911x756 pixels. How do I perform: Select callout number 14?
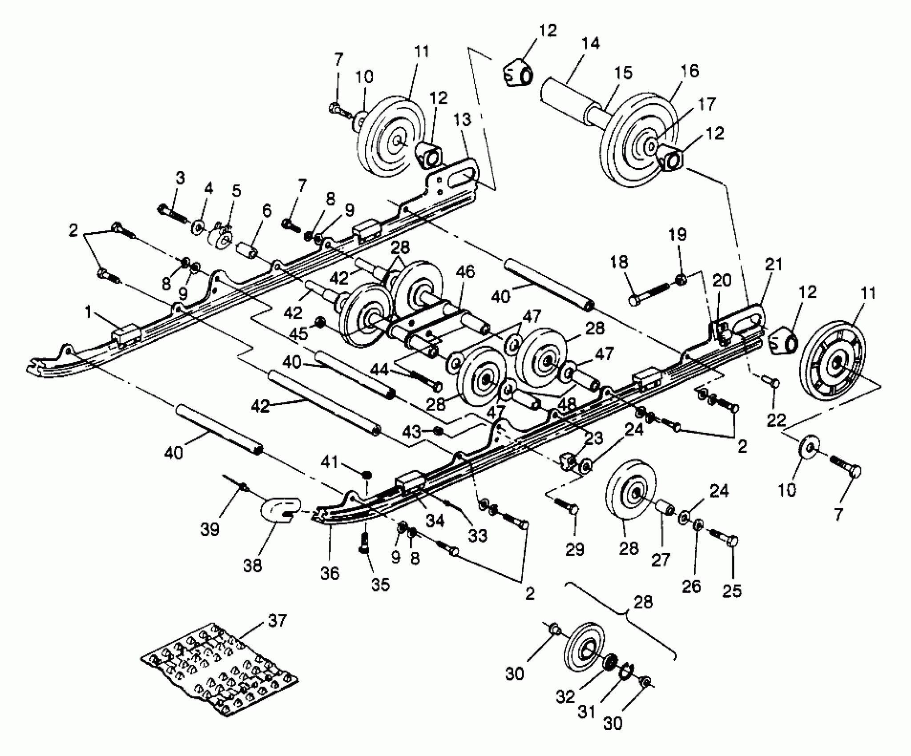click(x=590, y=44)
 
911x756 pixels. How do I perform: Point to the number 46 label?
click(x=465, y=272)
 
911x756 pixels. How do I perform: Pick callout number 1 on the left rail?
click(x=88, y=313)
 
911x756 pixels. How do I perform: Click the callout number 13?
click(x=463, y=120)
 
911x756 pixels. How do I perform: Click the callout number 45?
click(x=298, y=334)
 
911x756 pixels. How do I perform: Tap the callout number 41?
click(x=330, y=463)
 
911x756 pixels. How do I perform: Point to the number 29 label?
click(x=574, y=550)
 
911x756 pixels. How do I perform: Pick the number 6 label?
click(x=266, y=211)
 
